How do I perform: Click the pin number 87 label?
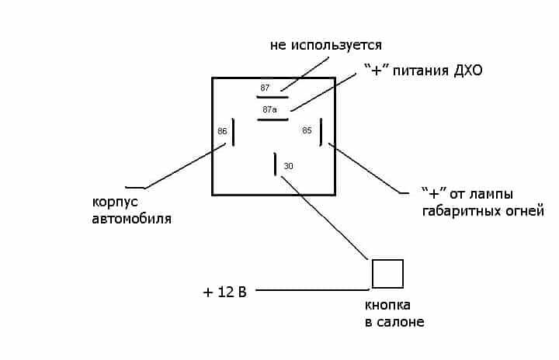click(x=266, y=88)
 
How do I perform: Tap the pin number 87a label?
click(x=269, y=109)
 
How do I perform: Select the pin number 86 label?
click(x=222, y=131)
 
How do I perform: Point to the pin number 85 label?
click(x=307, y=130)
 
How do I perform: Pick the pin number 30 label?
click(x=289, y=166)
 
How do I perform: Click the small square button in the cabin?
click(x=387, y=274)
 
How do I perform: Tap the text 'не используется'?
click(x=326, y=45)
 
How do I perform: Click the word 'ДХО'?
click(x=467, y=71)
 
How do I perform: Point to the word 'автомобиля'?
click(x=132, y=219)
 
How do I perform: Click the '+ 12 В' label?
click(x=224, y=292)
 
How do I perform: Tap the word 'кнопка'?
click(x=387, y=305)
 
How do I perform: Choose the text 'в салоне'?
click(x=394, y=322)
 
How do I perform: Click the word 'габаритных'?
click(x=464, y=211)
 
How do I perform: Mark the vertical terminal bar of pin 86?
click(x=233, y=133)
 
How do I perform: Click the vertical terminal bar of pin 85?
click(x=321, y=131)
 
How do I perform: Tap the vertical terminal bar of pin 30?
click(x=275, y=164)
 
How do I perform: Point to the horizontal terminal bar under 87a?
click(x=273, y=119)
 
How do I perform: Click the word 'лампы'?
click(x=494, y=194)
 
